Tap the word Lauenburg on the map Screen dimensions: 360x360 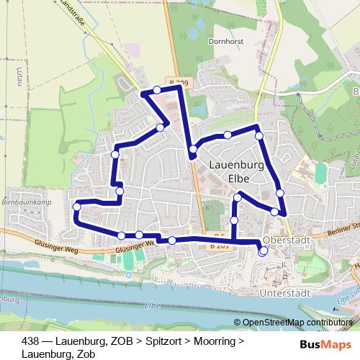(x=234, y=164)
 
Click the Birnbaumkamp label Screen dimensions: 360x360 (x=24, y=203)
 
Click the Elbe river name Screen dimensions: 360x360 (x=152, y=305)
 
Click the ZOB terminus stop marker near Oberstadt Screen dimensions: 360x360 (x=262, y=251)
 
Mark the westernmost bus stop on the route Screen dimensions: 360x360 (x=77, y=207)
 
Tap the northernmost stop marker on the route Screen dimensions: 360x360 (x=156, y=90)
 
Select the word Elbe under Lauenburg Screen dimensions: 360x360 (x=238, y=179)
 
